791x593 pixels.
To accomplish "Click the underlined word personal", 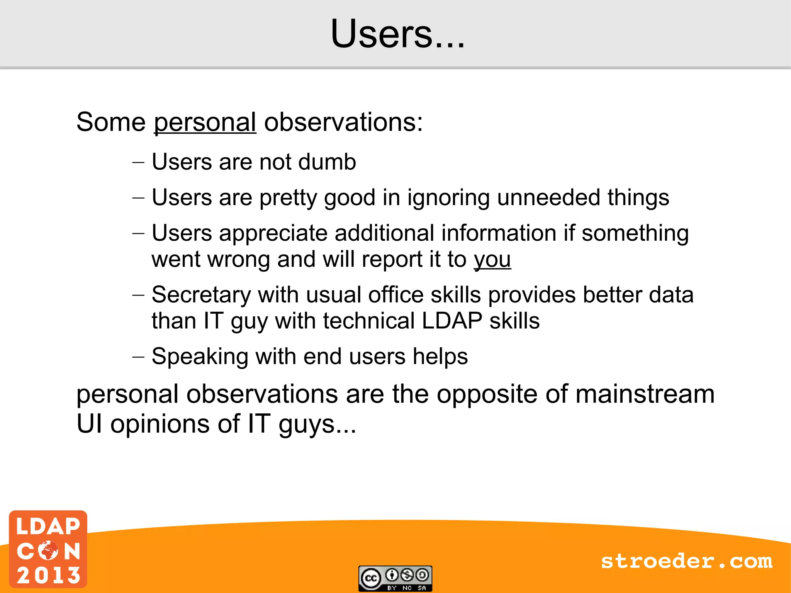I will (x=205, y=122).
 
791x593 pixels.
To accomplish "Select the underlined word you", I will (x=492, y=259).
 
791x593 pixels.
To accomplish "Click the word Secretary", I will (x=201, y=295).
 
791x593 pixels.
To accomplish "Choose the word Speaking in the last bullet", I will (x=200, y=357).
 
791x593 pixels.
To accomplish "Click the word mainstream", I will (x=645, y=394).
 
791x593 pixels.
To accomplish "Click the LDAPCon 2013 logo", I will (x=48, y=549).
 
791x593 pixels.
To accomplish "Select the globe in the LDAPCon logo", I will (x=48, y=550).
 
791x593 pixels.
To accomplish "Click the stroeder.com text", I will (x=686, y=561).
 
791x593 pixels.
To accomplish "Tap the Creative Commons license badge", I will (x=395, y=578).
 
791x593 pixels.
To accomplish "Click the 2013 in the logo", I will (x=48, y=575).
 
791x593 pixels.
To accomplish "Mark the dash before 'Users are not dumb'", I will (x=138, y=162).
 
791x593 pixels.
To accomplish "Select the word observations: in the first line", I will (x=343, y=122).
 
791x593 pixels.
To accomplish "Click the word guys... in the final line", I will (x=317, y=424).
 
